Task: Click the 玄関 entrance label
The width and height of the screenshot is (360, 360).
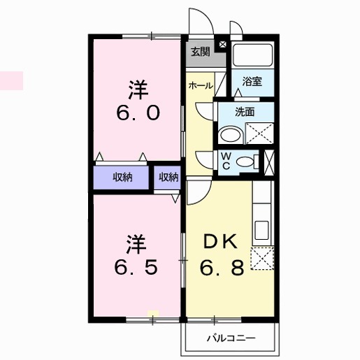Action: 201,52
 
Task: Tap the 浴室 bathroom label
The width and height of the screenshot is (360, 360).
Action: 252,81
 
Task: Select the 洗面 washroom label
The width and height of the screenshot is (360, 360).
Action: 244,111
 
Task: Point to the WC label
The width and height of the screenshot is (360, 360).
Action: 226,161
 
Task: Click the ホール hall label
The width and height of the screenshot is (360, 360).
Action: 201,85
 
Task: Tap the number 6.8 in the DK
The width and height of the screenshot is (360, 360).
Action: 222,268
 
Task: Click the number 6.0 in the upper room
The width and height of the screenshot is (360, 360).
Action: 137,113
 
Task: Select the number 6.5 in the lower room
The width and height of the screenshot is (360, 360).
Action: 137,268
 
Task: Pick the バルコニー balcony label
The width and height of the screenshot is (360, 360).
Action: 230,339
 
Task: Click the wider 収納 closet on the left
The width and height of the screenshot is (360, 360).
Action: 123,177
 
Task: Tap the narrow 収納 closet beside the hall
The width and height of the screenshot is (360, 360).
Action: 168,177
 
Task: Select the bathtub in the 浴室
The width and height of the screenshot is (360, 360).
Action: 253,56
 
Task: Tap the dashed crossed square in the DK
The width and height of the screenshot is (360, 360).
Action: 263,259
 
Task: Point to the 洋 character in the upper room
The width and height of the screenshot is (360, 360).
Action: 137,89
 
